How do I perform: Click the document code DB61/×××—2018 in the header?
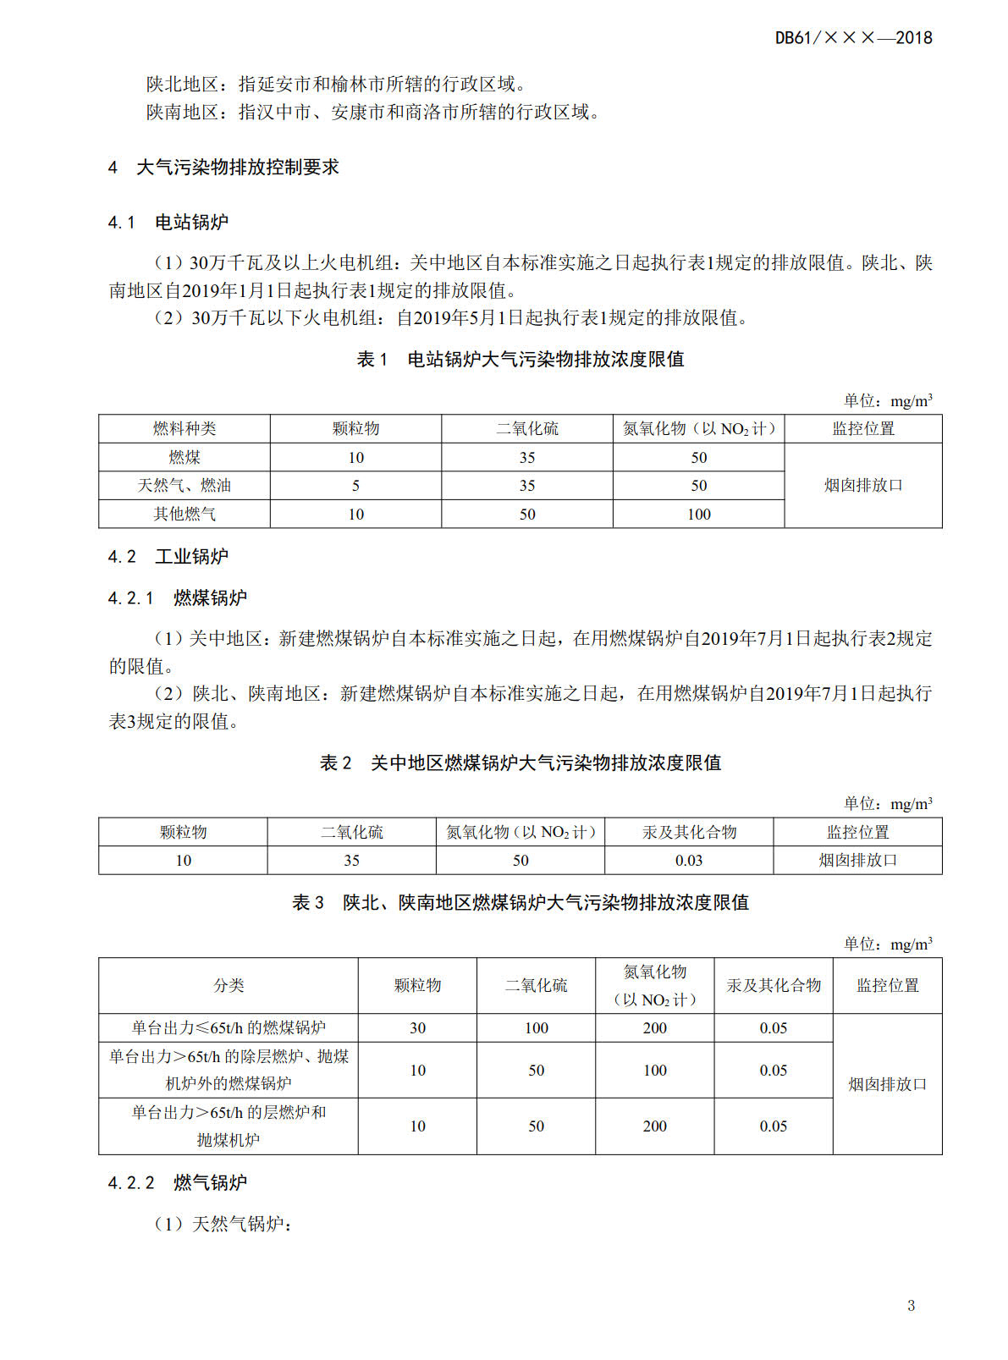pos(853,38)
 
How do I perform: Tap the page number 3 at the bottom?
pos(911,1305)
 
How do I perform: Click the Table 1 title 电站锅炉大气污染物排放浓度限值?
pos(520,360)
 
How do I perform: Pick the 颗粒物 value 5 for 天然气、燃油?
pos(355,486)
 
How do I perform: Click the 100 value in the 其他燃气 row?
pos(698,515)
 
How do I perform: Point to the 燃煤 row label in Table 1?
pos(184,458)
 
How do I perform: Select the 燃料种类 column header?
pos(184,429)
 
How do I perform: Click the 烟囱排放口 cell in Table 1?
pos(862,486)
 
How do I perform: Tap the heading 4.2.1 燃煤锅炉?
pos(177,598)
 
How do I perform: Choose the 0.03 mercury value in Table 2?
pos(688,861)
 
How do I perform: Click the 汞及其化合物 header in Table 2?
pos(688,833)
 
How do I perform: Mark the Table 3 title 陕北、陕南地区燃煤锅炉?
pos(520,903)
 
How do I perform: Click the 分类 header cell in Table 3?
pos(228,986)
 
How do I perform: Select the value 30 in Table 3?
pos(417,1028)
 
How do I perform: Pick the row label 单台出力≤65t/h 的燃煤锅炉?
pos(228,1028)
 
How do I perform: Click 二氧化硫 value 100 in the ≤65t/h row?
pos(536,1028)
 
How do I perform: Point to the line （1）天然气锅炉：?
pos(223,1225)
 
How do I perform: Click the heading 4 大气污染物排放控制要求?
pos(223,168)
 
